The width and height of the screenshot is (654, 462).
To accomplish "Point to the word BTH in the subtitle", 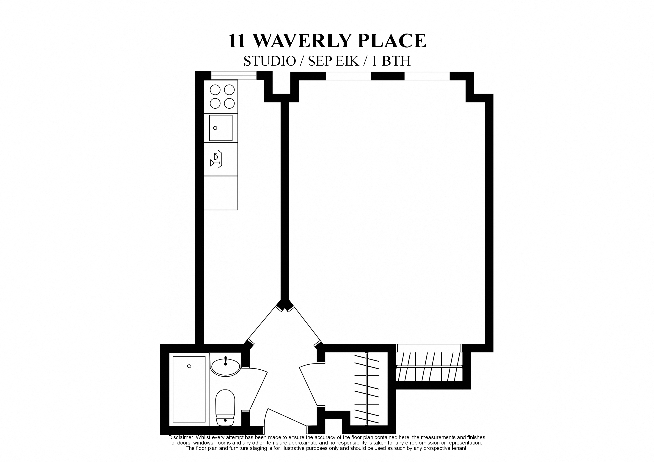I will point(396,61).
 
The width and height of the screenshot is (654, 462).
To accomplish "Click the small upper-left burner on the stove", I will point(215,90).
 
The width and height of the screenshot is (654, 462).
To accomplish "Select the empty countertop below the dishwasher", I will point(221,193).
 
